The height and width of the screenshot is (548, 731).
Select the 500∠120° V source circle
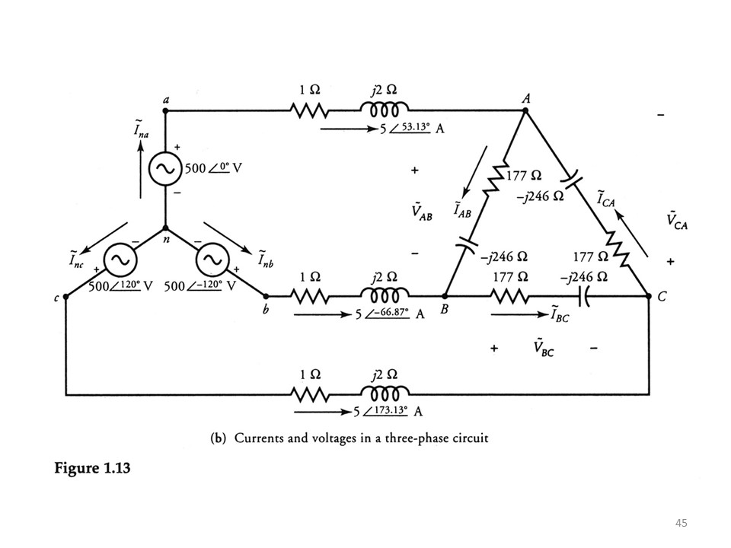[x=119, y=261]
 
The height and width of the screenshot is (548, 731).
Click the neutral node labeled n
[x=165, y=229]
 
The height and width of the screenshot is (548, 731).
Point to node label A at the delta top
[x=525, y=99]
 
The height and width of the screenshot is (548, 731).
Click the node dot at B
[x=445, y=295]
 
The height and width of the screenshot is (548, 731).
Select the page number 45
[x=682, y=523]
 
